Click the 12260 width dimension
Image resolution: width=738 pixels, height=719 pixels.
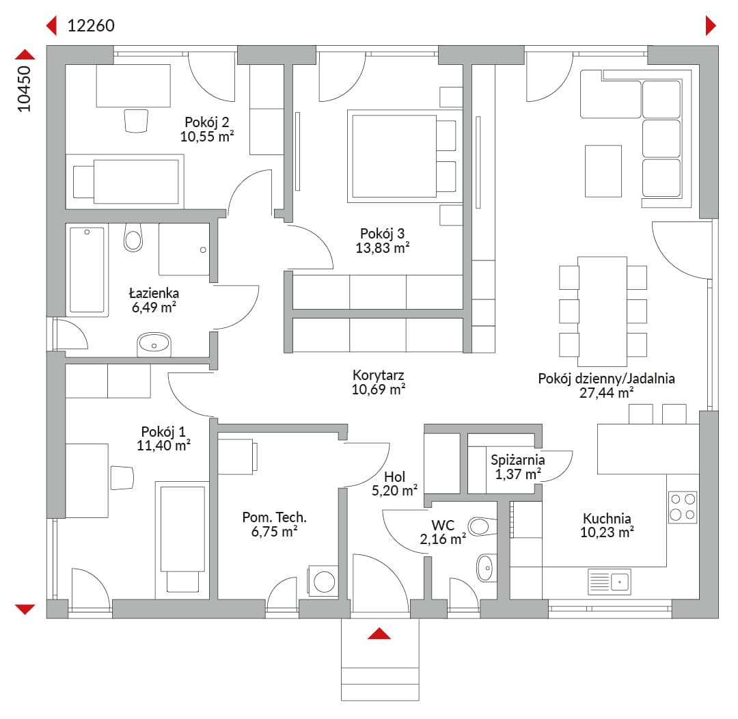[91, 25]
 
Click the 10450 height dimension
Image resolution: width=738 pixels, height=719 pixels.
[24, 89]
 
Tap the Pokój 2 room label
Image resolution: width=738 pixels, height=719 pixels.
[206, 122]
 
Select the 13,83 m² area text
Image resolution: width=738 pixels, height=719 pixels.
[382, 247]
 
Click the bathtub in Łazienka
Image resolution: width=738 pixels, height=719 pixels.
[87, 270]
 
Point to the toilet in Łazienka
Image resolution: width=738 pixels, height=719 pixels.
[133, 237]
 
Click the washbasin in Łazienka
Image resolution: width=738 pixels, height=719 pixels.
[154, 344]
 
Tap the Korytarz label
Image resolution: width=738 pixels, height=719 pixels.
[379, 375]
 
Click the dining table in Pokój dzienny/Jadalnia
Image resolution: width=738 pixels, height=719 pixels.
[603, 311]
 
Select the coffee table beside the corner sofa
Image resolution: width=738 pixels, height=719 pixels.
[603, 171]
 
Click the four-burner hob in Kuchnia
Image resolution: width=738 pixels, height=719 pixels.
[683, 507]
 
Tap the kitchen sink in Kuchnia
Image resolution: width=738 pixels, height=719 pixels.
[610, 582]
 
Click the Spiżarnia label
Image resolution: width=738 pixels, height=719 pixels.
[518, 459]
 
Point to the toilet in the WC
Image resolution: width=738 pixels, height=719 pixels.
[482, 526]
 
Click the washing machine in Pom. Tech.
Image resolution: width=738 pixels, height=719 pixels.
[323, 582]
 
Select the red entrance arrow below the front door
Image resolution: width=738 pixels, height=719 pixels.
[379, 634]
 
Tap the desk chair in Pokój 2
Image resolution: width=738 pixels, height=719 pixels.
[136, 121]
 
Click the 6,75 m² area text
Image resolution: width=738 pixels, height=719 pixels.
[275, 532]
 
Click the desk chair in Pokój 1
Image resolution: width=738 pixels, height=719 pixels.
[122, 478]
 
